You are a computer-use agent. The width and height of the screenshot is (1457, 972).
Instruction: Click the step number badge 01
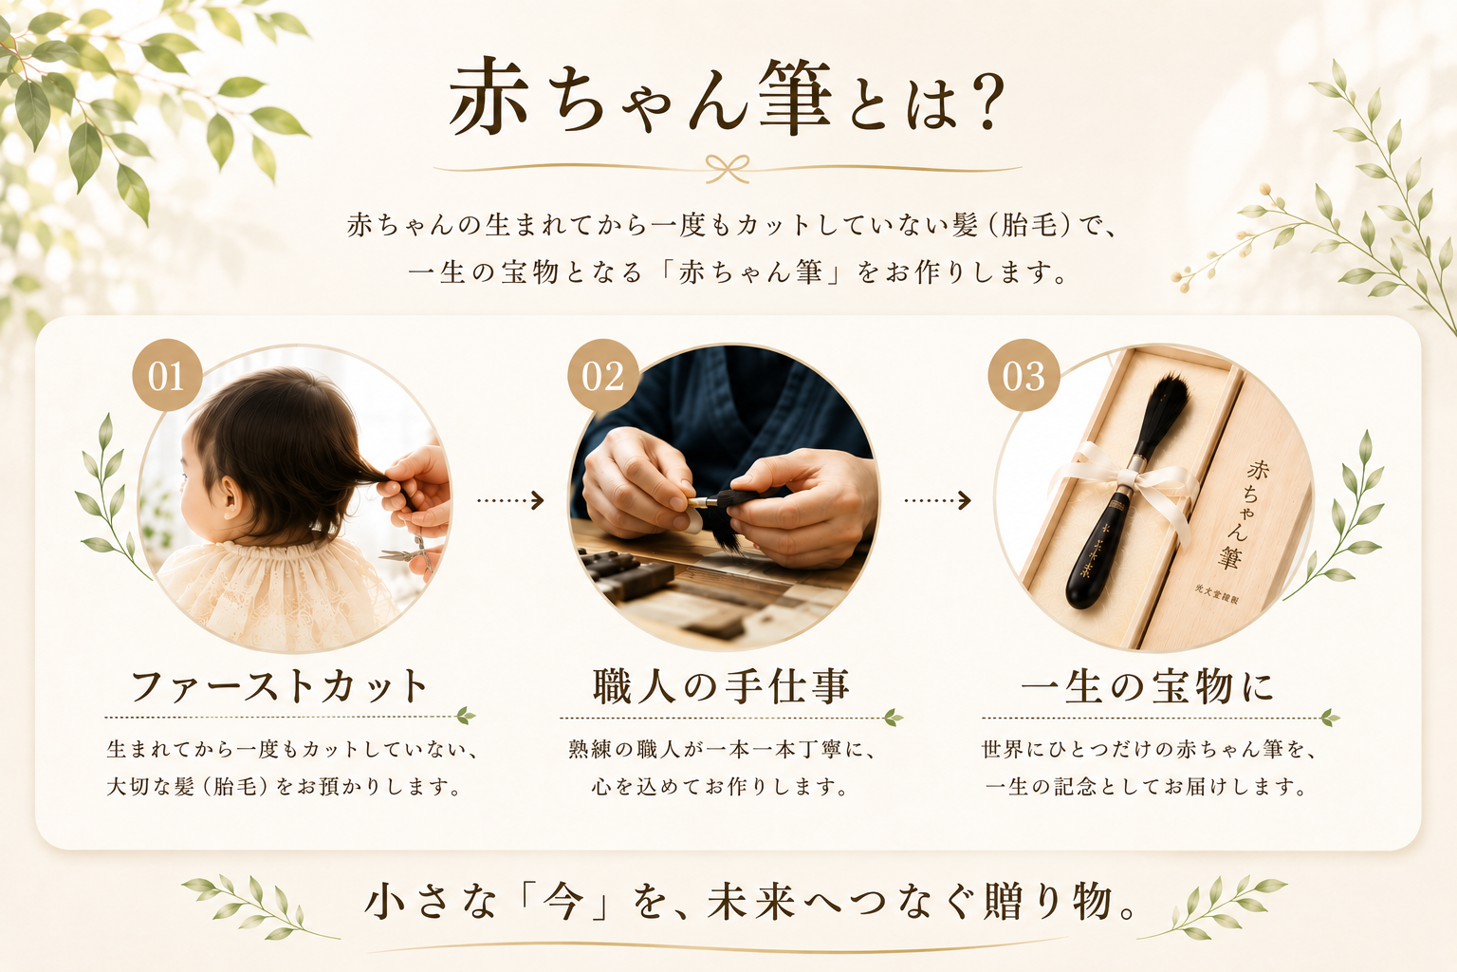pos(167,375)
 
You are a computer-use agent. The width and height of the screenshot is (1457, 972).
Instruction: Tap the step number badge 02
pos(603,375)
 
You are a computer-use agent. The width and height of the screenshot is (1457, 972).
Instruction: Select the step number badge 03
pos(1024,375)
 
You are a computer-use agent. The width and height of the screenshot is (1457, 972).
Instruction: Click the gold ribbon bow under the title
pos(728,169)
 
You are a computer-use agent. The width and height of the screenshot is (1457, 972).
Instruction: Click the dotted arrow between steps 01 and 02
pos(510,500)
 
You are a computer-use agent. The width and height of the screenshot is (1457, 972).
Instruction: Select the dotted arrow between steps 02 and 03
pos(937,500)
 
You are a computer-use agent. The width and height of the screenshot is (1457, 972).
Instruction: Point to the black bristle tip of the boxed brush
pos(1168,403)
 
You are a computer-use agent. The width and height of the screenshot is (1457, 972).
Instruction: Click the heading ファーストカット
pos(279,687)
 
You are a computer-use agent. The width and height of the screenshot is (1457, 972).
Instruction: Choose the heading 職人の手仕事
pos(721,687)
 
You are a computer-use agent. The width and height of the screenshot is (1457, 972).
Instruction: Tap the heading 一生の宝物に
pos(1146,687)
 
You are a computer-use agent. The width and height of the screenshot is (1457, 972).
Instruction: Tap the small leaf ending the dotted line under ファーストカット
pos(466,716)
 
